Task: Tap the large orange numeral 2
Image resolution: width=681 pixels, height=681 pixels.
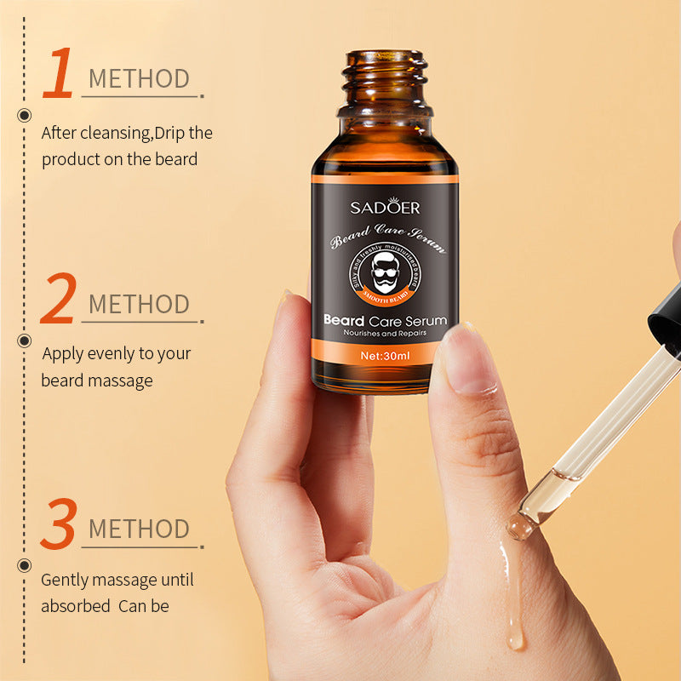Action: [x=58, y=299]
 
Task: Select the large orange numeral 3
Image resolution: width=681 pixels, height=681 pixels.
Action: [x=58, y=524]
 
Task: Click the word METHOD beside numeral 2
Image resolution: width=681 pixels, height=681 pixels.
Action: [x=139, y=304]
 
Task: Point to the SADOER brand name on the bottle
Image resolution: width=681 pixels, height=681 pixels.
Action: [x=385, y=207]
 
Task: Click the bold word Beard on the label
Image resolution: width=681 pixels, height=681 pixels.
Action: [x=344, y=321]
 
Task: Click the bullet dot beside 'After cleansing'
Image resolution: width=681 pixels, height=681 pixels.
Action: [x=24, y=116]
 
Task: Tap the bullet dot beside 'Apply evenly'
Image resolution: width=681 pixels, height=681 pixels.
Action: [x=24, y=340]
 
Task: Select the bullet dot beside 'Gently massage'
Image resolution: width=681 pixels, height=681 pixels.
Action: [x=24, y=564]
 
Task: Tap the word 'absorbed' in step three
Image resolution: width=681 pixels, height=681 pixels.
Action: [x=75, y=606]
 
